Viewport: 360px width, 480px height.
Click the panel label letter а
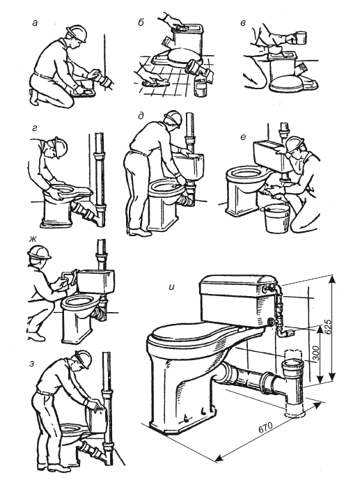point(35,23)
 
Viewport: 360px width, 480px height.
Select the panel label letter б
point(141,22)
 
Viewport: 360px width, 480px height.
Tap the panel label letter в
point(243,23)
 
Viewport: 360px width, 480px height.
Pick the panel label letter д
point(141,116)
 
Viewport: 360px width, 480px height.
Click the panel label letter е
point(243,137)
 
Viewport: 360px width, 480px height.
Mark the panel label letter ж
point(33,239)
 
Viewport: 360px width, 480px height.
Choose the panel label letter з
point(32,364)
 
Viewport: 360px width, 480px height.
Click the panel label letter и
point(172,287)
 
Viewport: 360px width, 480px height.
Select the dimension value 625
point(327,327)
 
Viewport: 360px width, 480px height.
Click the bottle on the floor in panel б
point(201,84)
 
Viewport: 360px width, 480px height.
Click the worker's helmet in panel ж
point(39,253)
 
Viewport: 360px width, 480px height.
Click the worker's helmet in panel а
point(77,33)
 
